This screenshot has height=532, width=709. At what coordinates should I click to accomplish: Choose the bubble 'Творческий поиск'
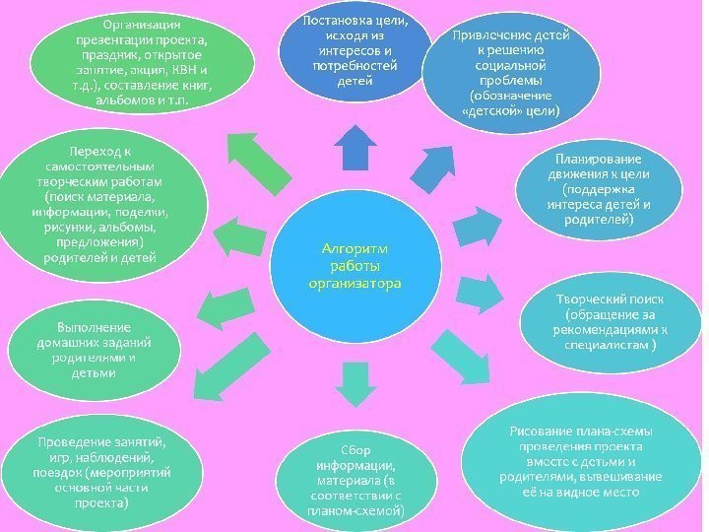(608, 323)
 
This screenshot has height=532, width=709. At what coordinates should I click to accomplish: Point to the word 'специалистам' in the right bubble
(602, 347)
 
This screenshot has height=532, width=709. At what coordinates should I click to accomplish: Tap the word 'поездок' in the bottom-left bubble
(56, 473)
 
